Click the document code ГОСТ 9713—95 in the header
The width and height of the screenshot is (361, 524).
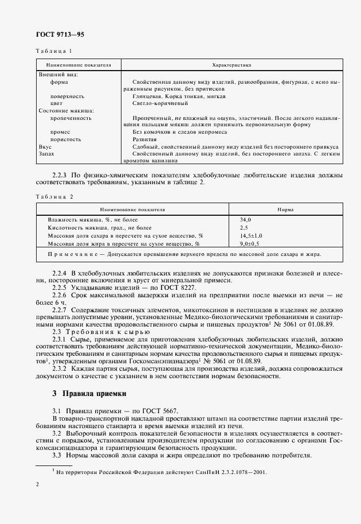click(x=60, y=34)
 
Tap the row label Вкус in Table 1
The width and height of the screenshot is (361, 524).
click(x=45, y=147)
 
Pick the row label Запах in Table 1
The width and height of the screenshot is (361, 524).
click(x=46, y=154)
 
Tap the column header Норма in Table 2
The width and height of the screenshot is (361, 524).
click(x=285, y=210)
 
